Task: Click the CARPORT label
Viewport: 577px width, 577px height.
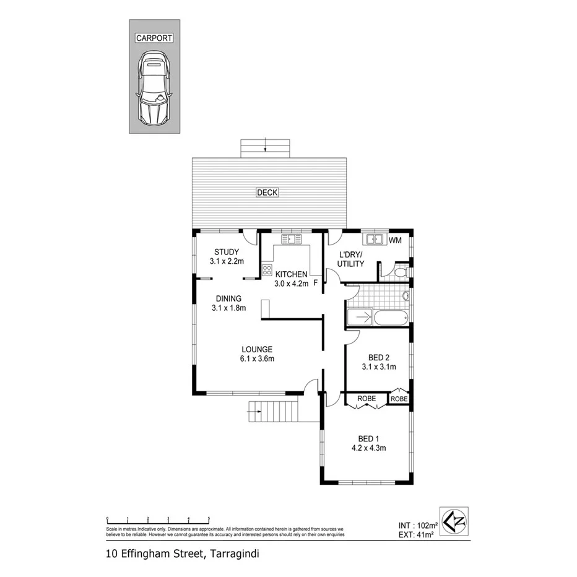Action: click(154, 38)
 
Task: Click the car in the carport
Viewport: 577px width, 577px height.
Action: click(154, 87)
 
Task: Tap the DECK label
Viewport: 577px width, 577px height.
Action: click(267, 193)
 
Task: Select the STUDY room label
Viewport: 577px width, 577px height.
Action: click(227, 251)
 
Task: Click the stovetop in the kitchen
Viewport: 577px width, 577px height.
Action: click(267, 269)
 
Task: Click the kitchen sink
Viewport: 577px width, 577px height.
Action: click(290, 238)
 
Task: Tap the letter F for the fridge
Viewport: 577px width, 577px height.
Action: click(316, 283)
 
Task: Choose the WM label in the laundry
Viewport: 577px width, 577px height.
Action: click(396, 239)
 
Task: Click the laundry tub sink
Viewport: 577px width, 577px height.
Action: click(374, 239)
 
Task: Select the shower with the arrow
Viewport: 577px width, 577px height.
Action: click(360, 318)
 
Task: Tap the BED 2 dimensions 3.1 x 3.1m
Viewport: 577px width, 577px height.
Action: click(379, 367)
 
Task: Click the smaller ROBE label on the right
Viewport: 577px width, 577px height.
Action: click(399, 399)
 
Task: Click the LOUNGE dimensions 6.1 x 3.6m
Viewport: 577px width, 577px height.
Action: click(258, 358)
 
